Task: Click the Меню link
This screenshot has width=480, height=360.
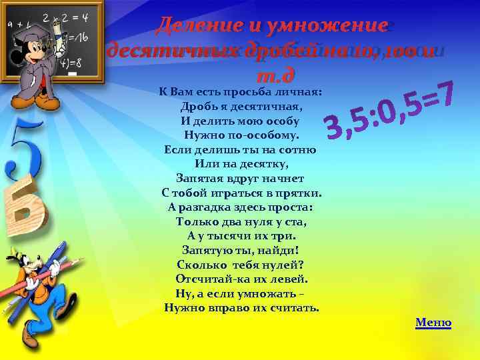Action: coord(433,323)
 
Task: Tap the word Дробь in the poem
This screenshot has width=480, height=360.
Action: coord(195,107)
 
